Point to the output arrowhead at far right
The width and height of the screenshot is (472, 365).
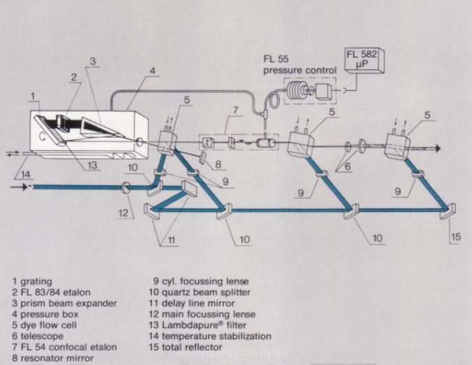[x=438, y=148]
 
